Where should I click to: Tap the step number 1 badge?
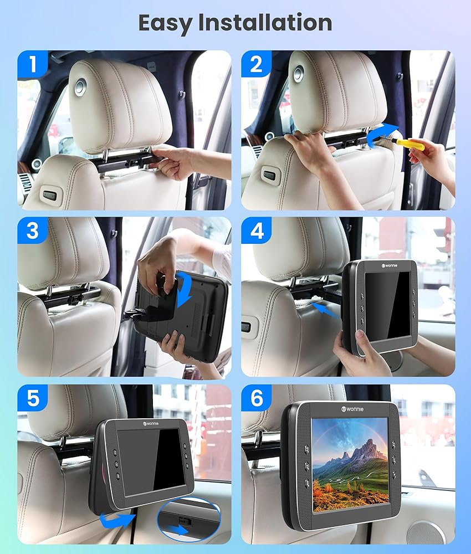click(x=33, y=64)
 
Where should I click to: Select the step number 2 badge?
click(x=256, y=64)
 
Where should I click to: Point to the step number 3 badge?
click(x=33, y=230)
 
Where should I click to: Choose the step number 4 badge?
click(x=256, y=230)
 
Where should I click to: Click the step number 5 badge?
click(x=33, y=398)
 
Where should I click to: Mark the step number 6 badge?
click(x=256, y=398)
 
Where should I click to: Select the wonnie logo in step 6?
click(x=352, y=409)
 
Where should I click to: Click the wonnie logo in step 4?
click(x=390, y=265)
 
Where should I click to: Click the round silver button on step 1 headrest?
click(x=80, y=86)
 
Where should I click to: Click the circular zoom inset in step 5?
click(x=189, y=520)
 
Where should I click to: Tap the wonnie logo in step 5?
click(x=151, y=423)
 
